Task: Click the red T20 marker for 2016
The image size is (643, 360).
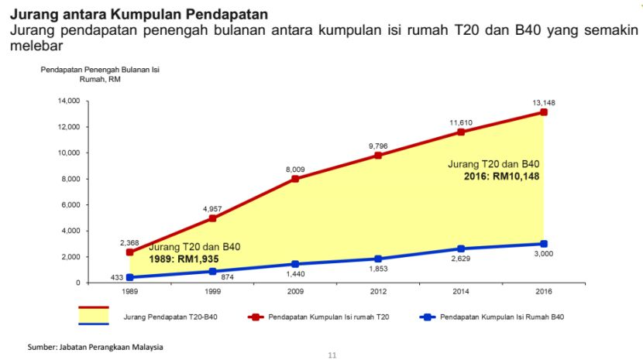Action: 544,112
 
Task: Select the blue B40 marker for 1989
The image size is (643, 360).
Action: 129,277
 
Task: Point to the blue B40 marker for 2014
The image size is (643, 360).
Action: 460,249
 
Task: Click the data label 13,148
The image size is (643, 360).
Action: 544,102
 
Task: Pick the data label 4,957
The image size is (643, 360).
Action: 212,209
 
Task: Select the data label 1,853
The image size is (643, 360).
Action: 377,269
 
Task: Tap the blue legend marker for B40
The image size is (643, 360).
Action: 425,317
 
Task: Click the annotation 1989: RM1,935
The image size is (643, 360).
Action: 193,258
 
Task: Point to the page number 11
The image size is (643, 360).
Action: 333,355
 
